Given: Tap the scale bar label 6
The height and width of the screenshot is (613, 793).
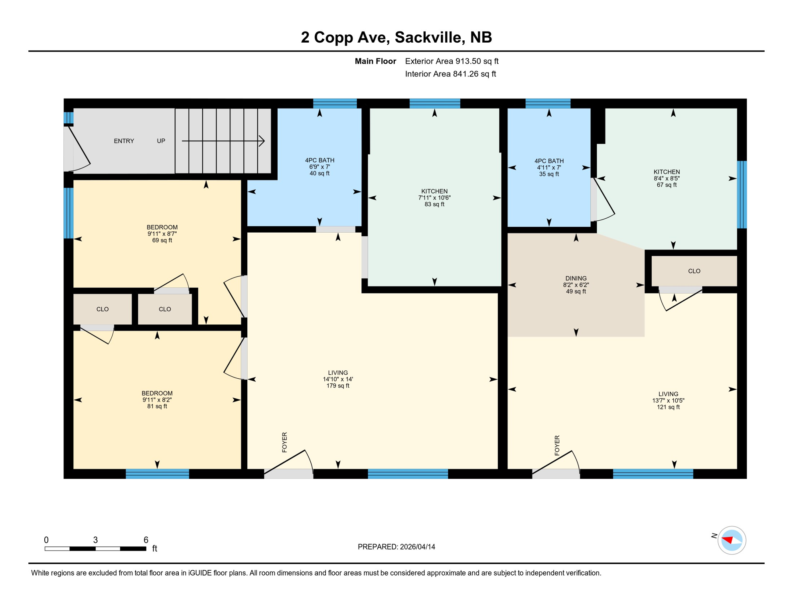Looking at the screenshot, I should [146, 540].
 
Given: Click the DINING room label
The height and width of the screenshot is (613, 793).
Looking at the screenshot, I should [576, 278].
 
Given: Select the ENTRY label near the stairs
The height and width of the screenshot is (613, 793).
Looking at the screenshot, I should [124, 141].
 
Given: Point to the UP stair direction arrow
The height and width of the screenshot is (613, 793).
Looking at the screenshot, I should [223, 141].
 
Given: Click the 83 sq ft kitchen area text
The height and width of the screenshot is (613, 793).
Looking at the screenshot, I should [434, 204].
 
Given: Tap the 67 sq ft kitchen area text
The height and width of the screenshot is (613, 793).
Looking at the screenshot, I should [667, 185].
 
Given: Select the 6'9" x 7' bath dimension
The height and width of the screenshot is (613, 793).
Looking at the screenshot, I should [320, 167].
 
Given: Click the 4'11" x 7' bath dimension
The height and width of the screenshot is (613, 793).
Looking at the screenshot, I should [549, 168].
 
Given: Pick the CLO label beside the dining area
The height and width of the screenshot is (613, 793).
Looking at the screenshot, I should [694, 271].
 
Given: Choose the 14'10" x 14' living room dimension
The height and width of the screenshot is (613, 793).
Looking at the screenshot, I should [338, 379].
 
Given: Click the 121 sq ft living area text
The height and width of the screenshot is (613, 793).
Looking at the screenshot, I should [668, 407].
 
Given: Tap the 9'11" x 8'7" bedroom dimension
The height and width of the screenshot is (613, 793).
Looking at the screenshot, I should [162, 234].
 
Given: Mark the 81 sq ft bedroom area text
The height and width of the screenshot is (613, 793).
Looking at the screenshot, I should [157, 406].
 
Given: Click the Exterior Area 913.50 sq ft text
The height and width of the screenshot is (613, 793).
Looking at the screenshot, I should [452, 61].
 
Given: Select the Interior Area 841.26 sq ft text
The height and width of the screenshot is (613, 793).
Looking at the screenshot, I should [450, 74].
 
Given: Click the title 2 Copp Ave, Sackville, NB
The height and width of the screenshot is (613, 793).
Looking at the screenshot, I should [396, 37].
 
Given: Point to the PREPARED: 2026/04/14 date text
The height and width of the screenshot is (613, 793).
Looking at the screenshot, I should [396, 547].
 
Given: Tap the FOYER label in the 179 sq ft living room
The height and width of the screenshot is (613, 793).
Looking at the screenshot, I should [284, 442].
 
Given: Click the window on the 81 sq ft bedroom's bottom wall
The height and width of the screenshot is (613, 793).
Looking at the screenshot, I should [157, 474].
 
